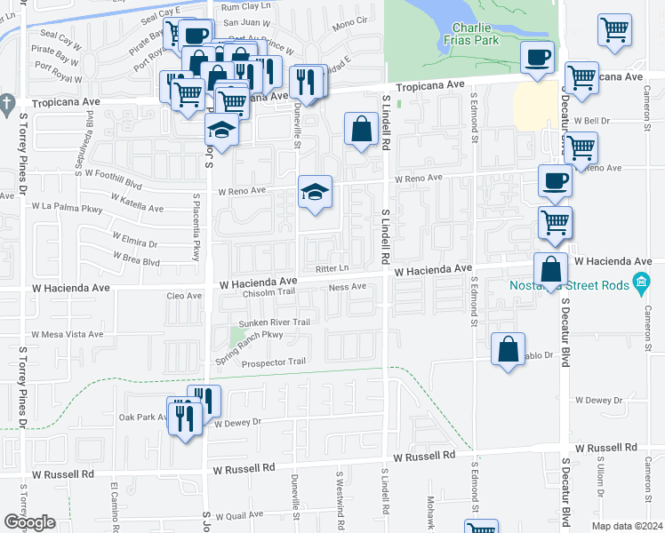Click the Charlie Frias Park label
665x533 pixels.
coord(471,32)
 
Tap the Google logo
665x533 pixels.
coord(29,522)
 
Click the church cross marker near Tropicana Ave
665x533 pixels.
coord(8,102)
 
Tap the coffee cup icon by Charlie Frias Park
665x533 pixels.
coord(537,60)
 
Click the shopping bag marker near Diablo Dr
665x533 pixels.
coord(508,350)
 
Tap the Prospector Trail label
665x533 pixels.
coord(274,362)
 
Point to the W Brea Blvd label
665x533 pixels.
coord(136,261)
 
